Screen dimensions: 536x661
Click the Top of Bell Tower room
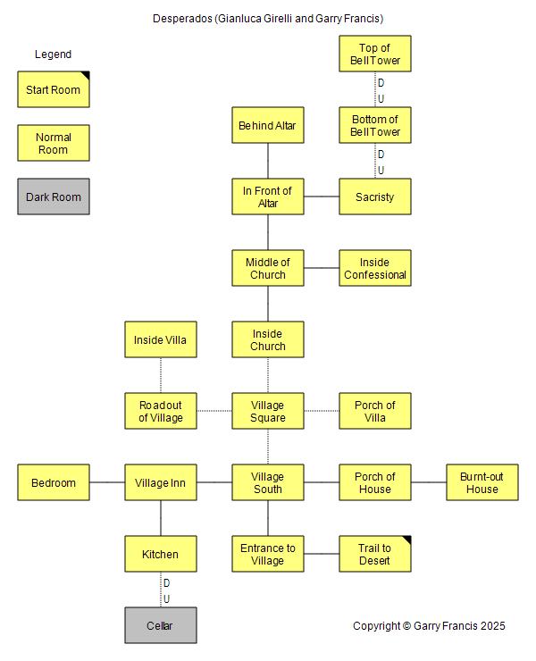point(375,54)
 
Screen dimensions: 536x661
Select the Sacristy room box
point(375,197)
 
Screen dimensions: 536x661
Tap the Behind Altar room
point(268,125)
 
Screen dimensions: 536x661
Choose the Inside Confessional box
point(375,268)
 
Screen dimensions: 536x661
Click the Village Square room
point(268,411)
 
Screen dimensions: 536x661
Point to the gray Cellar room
point(161,625)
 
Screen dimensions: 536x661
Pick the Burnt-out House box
point(482,482)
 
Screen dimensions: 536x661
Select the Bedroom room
point(54,482)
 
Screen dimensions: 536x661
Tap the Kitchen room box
point(161,554)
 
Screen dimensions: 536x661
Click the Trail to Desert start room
point(375,554)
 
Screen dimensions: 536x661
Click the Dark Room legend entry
point(54,197)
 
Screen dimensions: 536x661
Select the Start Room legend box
point(54,89)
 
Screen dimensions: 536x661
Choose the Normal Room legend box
point(54,143)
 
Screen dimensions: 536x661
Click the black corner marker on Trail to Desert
point(407,539)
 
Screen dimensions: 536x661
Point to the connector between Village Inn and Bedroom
point(107,482)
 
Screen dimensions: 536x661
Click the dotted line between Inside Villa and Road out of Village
point(161,375)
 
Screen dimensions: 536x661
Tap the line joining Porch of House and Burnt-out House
point(429,482)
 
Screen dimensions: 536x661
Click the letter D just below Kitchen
point(166,583)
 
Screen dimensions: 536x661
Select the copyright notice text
point(429,626)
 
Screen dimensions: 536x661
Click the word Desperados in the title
point(182,19)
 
